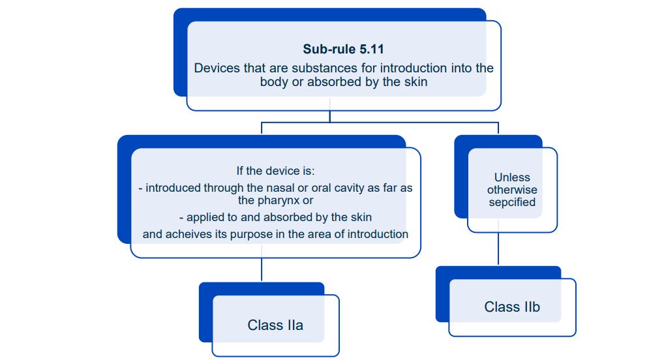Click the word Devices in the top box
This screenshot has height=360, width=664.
215,68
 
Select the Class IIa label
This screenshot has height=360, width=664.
275,325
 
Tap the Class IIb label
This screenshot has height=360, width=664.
512,307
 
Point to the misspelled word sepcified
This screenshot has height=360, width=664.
512,202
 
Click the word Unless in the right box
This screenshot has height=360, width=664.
512,177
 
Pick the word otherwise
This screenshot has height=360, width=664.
512,190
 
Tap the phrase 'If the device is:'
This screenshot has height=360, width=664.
275,171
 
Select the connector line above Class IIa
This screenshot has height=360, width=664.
262,270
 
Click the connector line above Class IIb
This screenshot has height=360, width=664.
498,249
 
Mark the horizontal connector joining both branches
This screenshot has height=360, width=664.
380,122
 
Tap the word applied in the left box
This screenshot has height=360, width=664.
205,217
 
